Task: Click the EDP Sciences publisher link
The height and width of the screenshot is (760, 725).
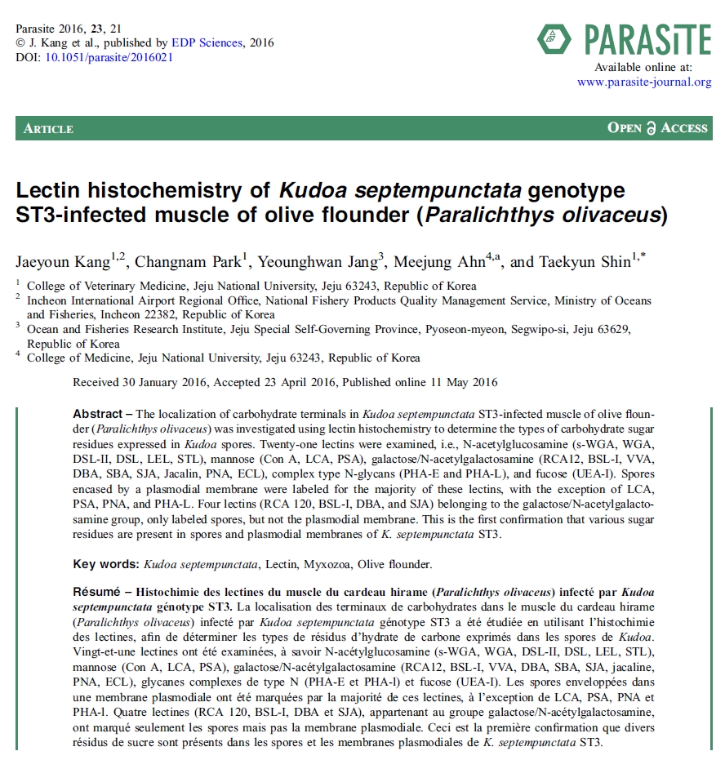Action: pos(207,43)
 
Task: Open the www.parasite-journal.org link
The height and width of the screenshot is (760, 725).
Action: pos(644,82)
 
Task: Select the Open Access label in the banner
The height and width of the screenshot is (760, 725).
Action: pos(657,128)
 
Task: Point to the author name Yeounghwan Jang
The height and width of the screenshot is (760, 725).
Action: pos(317,262)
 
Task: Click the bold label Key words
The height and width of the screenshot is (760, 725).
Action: pos(105,564)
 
